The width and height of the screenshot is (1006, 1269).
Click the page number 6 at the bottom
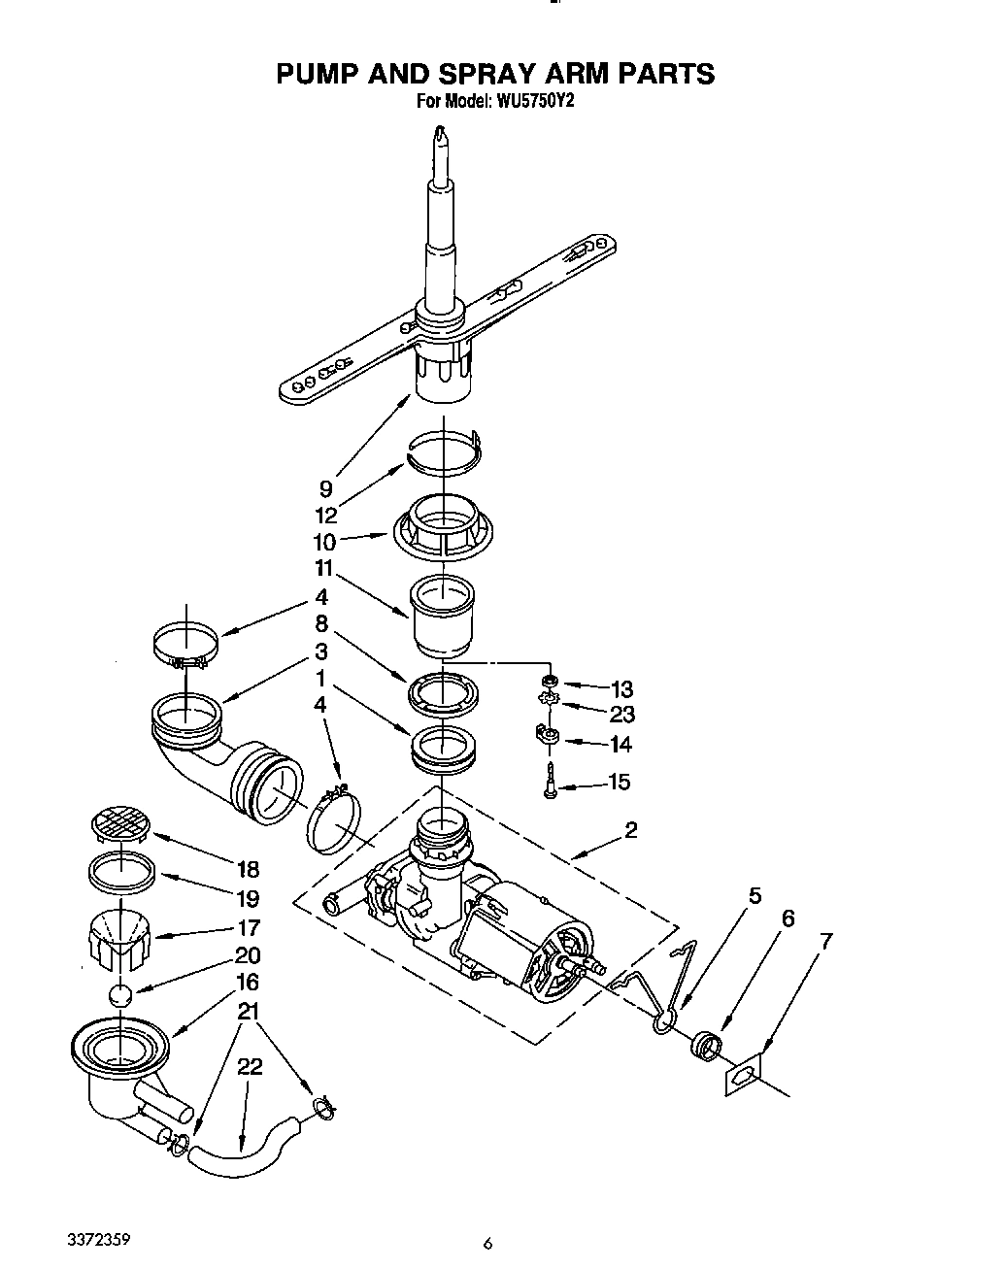[x=488, y=1243]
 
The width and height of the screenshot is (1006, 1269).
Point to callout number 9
[x=326, y=489]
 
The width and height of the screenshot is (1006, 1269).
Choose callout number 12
[x=326, y=516]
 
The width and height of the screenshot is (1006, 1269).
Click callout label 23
[x=621, y=715]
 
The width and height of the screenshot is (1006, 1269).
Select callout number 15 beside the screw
[x=619, y=782]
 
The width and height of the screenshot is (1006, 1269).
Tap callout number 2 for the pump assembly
[x=631, y=830]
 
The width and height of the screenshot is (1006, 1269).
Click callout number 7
[x=826, y=940]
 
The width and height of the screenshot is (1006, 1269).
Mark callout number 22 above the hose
[x=250, y=1066]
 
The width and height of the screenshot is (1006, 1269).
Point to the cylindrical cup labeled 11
[x=443, y=615]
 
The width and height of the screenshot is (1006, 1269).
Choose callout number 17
[x=249, y=927]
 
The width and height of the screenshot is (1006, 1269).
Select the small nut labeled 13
[x=549, y=680]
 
